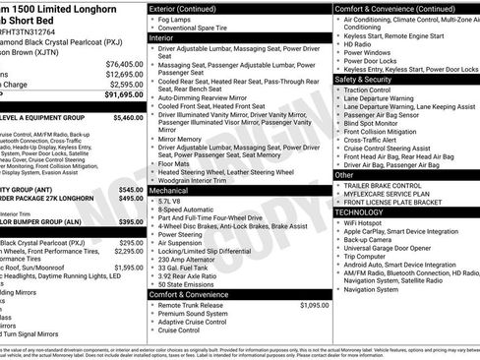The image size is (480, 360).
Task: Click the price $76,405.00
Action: [x=122, y=63]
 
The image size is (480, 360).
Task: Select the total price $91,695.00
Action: [x=122, y=95]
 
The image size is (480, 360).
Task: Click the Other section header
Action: [x=344, y=175]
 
